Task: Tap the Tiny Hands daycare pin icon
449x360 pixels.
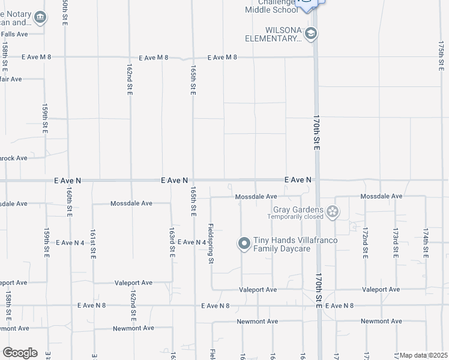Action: (244, 243)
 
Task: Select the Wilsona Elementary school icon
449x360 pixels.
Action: (310, 34)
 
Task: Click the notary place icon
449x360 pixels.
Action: (40, 17)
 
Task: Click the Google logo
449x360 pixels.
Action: (20, 353)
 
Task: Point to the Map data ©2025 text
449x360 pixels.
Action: (423, 355)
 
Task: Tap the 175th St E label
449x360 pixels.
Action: (441, 54)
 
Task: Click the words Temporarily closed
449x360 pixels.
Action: (295, 217)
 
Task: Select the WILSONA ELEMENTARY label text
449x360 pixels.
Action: (273, 34)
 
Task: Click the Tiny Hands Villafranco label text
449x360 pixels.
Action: (295, 240)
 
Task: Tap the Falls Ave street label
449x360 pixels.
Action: (14, 34)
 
